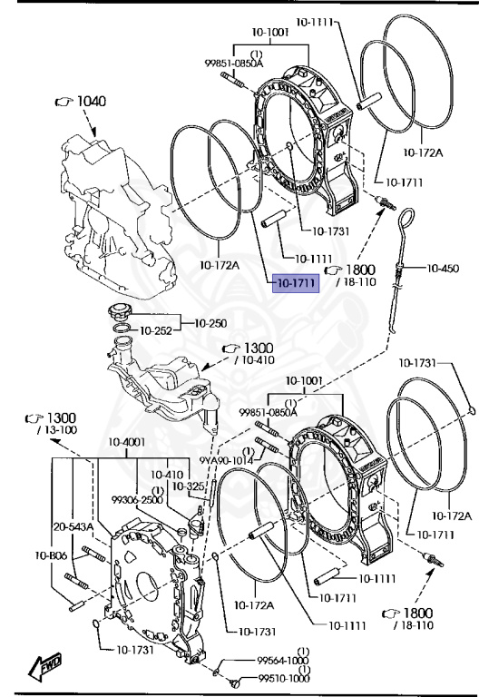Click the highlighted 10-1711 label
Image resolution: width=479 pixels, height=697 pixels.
click(296, 283)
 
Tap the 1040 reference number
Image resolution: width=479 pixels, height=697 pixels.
click(92, 102)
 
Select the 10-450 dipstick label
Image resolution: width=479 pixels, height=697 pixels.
click(443, 268)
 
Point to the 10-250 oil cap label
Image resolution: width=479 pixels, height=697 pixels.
click(210, 323)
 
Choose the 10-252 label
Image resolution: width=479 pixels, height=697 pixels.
click(156, 330)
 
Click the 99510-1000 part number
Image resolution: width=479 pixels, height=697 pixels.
click(283, 678)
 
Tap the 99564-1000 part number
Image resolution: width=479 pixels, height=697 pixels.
click(283, 661)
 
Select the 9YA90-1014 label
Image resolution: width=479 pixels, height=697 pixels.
click(226, 460)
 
